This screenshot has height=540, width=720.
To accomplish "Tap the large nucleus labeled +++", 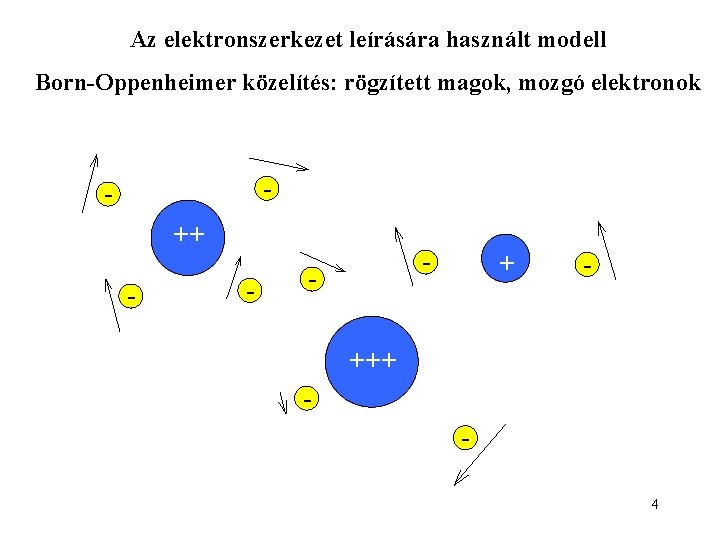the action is point(372,361).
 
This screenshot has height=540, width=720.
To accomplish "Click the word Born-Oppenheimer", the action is point(135,82).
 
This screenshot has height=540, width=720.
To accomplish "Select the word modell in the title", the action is point(572,41).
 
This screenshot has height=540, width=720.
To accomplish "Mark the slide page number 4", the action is point(654,504).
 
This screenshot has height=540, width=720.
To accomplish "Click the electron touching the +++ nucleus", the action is point(308,398).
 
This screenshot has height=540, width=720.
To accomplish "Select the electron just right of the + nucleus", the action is point(588,265).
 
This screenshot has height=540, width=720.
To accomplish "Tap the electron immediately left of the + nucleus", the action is point(427,262).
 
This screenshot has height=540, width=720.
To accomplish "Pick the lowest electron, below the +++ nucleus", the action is point(464,437).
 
